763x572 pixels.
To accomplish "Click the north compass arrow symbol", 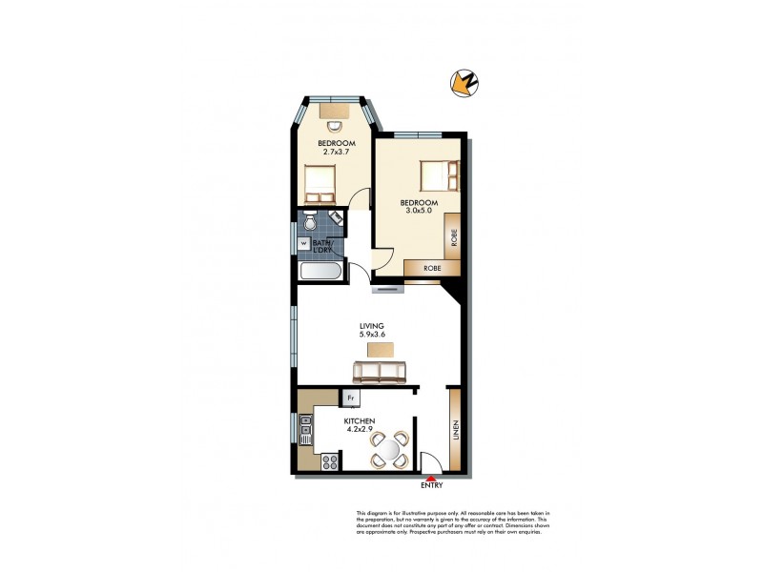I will click(x=464, y=84).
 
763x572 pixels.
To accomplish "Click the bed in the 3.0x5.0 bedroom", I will click(x=440, y=175).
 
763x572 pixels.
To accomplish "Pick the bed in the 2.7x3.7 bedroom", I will click(x=319, y=179).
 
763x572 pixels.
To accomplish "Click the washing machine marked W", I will click(x=304, y=243).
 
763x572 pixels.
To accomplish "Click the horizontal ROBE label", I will click(x=431, y=269).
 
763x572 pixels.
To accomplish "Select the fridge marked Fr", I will click(x=351, y=398).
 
